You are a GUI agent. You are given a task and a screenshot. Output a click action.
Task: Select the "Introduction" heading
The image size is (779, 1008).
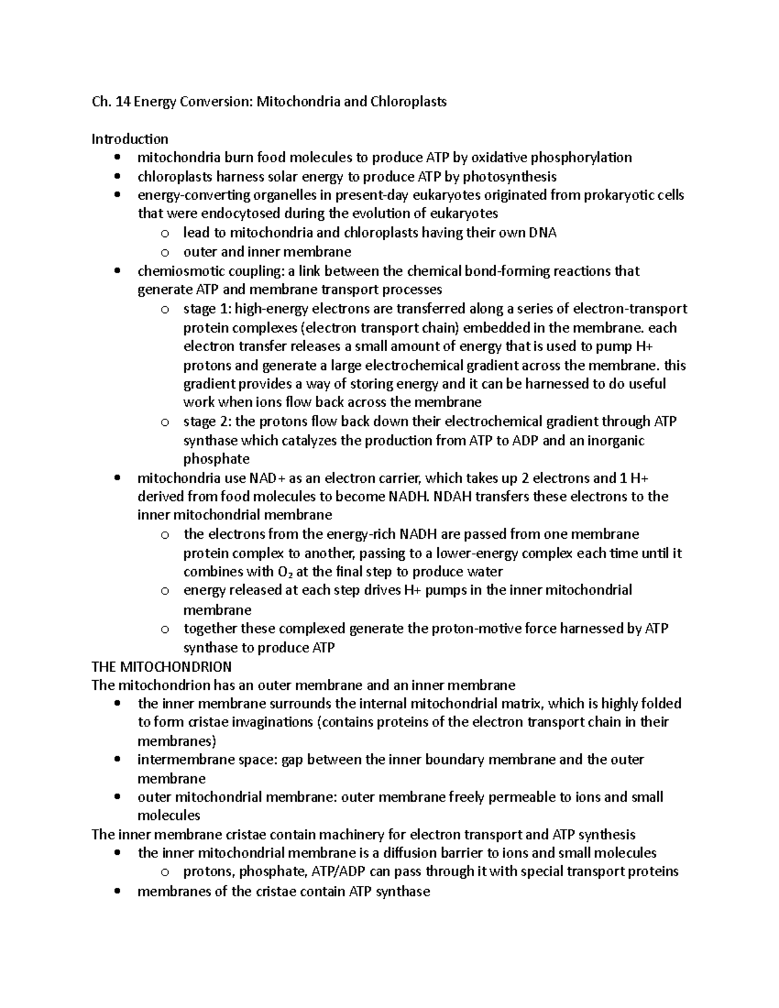tap(130, 139)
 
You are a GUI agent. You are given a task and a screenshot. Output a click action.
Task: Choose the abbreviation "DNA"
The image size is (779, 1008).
tap(542, 232)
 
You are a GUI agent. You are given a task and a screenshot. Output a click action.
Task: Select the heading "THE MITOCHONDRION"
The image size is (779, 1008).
tap(162, 667)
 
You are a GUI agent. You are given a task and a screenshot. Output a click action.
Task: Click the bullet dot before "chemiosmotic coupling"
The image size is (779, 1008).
tap(117, 271)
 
